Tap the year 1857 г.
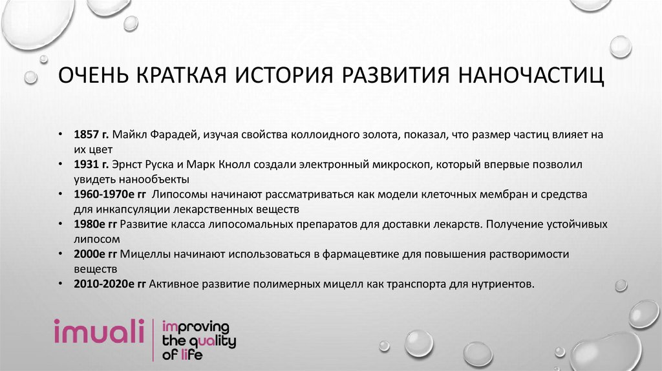click(x=91, y=134)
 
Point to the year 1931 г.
click(x=91, y=164)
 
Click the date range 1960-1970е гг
click(x=109, y=194)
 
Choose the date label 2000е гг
click(x=96, y=253)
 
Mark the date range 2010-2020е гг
click(x=109, y=283)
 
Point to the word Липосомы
click(x=180, y=194)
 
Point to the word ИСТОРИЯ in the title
click(x=284, y=77)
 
